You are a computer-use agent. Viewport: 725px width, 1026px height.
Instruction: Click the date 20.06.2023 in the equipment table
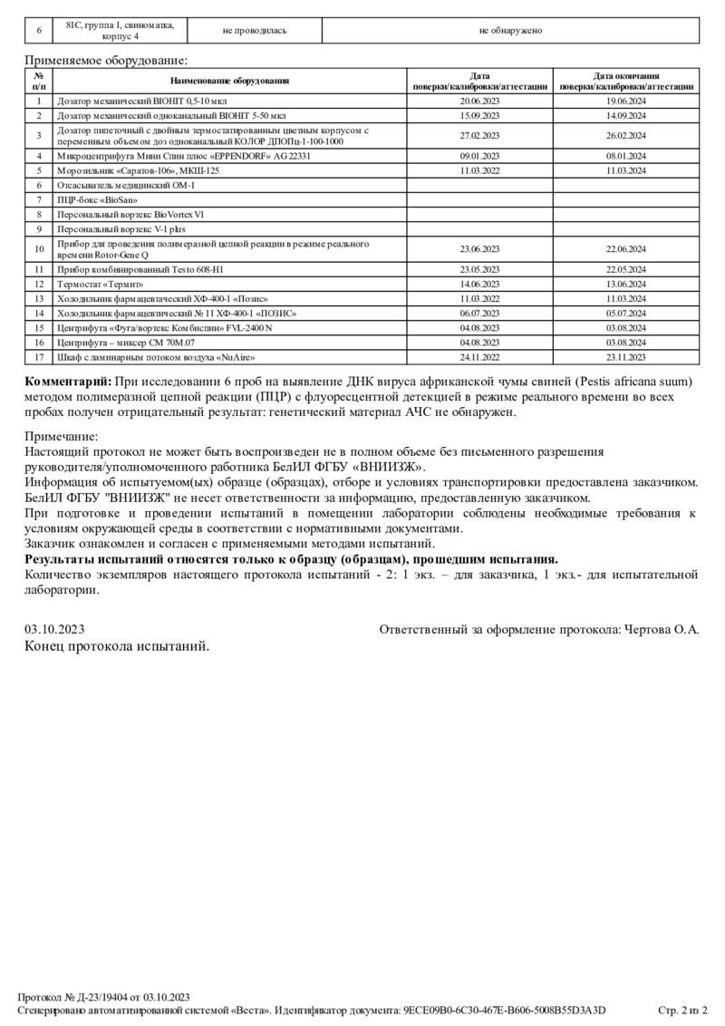click(480, 102)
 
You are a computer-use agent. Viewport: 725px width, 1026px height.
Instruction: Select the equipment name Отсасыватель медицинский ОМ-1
click(126, 185)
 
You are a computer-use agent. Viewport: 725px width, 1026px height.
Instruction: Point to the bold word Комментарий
click(68, 380)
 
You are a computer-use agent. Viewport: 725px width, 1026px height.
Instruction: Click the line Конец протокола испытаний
click(117, 646)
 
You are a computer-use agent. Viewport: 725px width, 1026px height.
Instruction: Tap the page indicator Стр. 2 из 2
click(681, 1011)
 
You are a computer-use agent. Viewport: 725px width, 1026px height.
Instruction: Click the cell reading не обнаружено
click(510, 30)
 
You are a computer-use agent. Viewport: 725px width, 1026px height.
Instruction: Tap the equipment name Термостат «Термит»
click(101, 284)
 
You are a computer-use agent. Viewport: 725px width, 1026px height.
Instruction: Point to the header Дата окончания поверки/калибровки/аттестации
click(626, 82)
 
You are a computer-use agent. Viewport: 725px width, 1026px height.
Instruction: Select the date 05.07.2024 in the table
click(626, 313)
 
